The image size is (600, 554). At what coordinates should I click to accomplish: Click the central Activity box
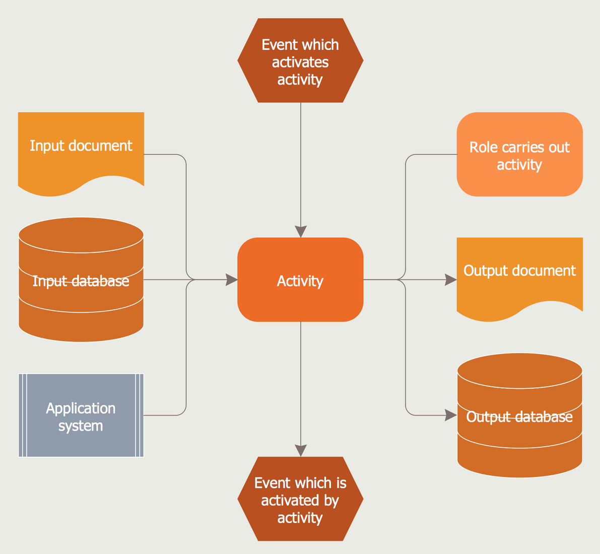point(300,280)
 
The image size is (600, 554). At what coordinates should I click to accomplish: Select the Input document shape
point(81,151)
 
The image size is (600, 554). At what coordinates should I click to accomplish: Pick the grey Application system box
point(81,415)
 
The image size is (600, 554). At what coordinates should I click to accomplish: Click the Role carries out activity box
point(519,154)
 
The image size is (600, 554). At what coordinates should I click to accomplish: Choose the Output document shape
point(519,277)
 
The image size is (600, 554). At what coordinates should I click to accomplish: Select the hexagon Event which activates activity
point(300,61)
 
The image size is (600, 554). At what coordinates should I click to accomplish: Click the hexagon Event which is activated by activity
point(300,499)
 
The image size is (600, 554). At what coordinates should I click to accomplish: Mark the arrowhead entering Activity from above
point(301,232)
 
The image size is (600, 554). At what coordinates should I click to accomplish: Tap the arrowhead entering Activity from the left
point(232,280)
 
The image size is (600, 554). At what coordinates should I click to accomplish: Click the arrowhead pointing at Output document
point(451,280)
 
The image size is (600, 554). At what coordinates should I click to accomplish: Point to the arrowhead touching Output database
point(451,415)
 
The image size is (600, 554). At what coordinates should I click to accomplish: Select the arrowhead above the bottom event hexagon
point(301,451)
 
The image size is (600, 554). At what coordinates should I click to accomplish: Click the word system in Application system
point(81,426)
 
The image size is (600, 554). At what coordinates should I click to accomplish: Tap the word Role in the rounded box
point(481,147)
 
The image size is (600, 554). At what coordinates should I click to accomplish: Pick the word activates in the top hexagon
point(300,62)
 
